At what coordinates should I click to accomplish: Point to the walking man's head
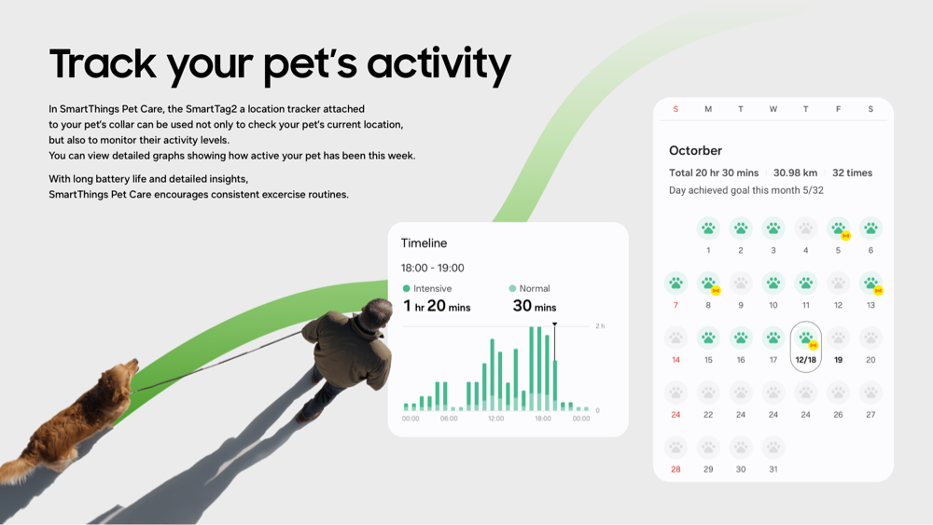tap(377, 314)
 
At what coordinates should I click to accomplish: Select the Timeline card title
tap(424, 243)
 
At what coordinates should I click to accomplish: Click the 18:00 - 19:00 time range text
tap(432, 268)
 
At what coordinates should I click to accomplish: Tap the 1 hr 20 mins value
tap(437, 307)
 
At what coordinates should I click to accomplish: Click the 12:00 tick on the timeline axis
tap(495, 419)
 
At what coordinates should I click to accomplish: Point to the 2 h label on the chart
tap(599, 326)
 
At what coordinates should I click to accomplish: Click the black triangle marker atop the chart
tap(554, 325)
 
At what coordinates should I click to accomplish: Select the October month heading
tap(695, 150)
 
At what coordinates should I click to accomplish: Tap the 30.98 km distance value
tap(795, 173)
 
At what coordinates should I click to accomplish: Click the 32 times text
tap(852, 173)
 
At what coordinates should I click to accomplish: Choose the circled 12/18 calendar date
tap(805, 348)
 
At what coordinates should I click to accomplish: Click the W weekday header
tap(773, 109)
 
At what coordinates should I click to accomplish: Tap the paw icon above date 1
tap(708, 228)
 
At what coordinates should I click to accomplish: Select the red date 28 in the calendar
tap(675, 469)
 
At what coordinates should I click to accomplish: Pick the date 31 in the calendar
tap(773, 469)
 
